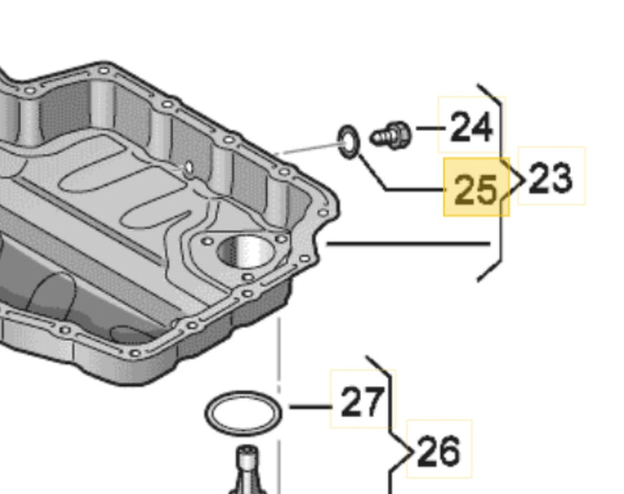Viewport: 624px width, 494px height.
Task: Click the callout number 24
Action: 471,127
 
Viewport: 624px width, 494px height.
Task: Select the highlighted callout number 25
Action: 476,189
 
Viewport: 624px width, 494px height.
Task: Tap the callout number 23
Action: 551,178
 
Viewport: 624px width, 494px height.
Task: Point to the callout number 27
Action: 363,401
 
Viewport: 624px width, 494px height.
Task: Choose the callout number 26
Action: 439,451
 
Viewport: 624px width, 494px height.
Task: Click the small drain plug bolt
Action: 391,135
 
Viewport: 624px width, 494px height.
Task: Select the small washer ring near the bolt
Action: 349,142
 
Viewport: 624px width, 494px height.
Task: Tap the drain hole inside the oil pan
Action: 188,167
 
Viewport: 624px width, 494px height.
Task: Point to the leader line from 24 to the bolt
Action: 431,128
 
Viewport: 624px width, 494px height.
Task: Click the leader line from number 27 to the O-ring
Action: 310,406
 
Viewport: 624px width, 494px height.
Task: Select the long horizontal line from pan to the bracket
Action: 408,244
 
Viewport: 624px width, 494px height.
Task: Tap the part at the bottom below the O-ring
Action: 247,470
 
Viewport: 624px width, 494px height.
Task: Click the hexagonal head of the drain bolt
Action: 400,135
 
